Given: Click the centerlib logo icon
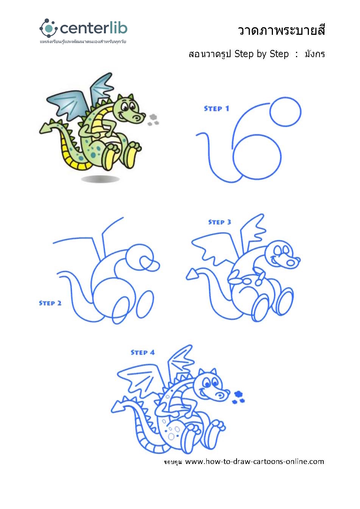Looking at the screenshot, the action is click(x=47, y=28).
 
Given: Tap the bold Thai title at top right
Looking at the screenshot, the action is click(x=281, y=30).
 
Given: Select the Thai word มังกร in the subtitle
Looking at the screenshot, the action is click(x=315, y=54).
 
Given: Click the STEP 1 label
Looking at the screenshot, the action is click(x=217, y=109).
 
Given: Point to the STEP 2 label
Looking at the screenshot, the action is click(x=50, y=303).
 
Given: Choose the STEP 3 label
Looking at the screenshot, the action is click(x=220, y=222).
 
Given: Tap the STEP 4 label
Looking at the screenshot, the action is click(x=142, y=352).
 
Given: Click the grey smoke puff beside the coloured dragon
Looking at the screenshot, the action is click(x=153, y=120).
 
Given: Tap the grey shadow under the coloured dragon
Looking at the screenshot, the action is click(x=100, y=179).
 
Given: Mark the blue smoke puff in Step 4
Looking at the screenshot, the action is click(x=238, y=397).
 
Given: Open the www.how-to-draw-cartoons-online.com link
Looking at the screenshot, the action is click(x=254, y=462).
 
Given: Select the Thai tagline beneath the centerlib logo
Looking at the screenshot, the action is click(x=83, y=42).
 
